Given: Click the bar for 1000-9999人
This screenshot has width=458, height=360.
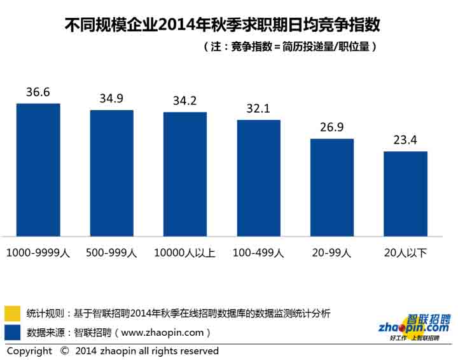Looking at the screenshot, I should click(38, 170).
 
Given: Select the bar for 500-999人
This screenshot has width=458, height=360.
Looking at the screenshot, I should click(111, 173).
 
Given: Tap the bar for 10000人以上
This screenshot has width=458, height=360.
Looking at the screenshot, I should click(185, 174).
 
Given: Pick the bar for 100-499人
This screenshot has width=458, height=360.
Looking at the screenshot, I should click(258, 178).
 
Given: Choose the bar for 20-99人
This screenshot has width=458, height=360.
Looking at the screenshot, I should click(332, 188).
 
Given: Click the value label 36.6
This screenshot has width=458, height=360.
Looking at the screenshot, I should click(38, 92).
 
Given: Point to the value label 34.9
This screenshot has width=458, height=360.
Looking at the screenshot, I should click(111, 99).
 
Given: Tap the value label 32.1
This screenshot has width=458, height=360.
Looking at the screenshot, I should click(258, 108).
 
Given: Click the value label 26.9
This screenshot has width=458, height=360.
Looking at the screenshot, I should click(332, 127).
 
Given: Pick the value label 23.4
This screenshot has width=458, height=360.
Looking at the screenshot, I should click(405, 140).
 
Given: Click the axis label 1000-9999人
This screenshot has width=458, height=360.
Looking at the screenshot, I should click(38, 253).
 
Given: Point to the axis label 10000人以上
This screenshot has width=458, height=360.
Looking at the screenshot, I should click(185, 253).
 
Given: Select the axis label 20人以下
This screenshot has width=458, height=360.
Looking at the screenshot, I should click(405, 253).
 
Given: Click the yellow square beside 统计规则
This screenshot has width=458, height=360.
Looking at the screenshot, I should click(12, 314).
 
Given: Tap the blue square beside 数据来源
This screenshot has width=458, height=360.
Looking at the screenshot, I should click(12, 332).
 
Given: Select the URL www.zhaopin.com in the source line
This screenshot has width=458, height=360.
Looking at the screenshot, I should click(162, 332).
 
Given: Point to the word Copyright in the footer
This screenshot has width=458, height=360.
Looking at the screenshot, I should click(29, 351).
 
